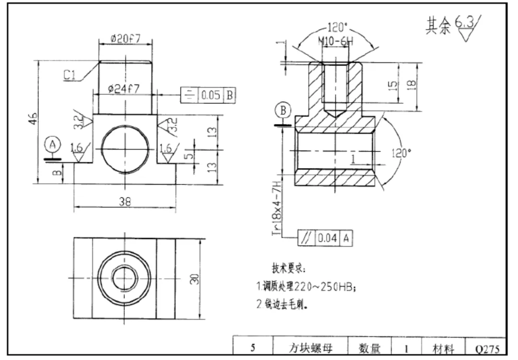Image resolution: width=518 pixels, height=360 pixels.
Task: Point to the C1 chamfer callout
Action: [71, 75]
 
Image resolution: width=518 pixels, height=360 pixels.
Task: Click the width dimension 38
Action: [125, 202]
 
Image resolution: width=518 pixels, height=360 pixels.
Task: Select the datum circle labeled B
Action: [283, 110]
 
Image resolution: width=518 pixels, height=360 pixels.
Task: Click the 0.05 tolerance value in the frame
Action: [211, 95]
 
